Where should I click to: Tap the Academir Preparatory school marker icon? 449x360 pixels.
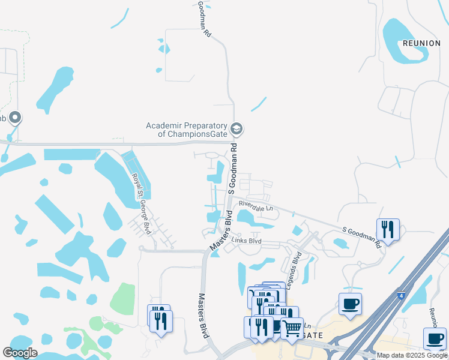(237, 129)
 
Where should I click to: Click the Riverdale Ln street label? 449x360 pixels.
(256, 208)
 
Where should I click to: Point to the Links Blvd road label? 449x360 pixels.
(247, 241)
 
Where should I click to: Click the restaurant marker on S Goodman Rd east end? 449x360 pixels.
(388, 229)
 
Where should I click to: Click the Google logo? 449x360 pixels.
(20, 353)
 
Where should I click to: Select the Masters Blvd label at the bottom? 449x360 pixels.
(203, 315)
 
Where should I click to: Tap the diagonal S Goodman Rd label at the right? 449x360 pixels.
(361, 237)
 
